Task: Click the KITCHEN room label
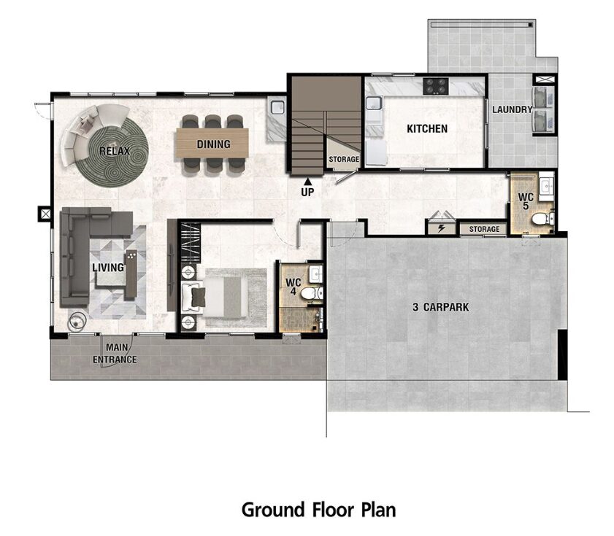427,129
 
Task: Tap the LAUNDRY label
513,109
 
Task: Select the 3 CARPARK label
440,307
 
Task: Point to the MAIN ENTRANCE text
115,353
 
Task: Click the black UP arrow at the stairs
308,181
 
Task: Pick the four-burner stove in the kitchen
436,86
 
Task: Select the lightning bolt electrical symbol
441,228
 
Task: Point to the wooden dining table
212,143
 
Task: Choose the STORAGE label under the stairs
344,159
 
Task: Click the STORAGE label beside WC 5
484,229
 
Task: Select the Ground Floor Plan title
319,510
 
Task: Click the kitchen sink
374,104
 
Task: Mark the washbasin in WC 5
546,186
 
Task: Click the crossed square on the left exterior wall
45,214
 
